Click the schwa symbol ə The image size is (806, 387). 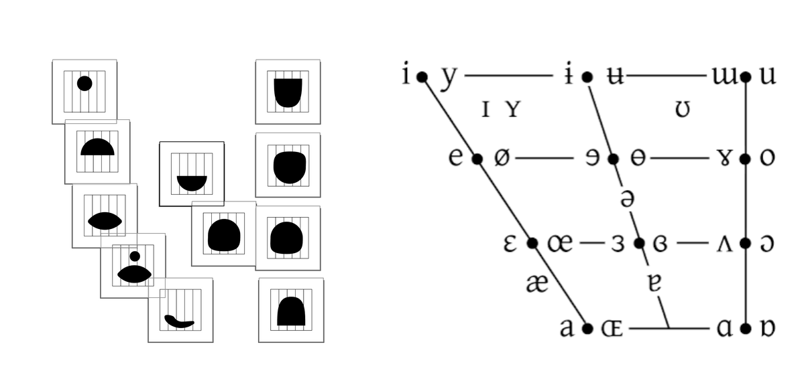pos(627,199)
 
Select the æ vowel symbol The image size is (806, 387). pos(537,283)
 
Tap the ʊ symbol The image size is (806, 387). pos(683,109)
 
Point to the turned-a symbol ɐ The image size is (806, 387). pos(655,283)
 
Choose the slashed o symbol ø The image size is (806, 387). pos(502,158)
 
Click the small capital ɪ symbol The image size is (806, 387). pos(485,109)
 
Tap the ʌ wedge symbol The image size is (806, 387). pos(724,244)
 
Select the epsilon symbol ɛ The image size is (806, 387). pos(510,244)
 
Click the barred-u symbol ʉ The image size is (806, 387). pos(616,76)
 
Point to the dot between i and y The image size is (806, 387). pos(422,76)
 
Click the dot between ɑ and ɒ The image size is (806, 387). pos(746,329)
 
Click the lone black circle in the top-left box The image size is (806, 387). pos(84,84)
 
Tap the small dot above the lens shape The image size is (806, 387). pos(135,256)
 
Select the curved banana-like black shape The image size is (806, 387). pos(179,321)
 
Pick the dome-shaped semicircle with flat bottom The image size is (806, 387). pos(97,147)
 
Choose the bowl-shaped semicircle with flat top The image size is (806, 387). pos(192,183)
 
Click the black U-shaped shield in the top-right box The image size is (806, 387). pos(288,92)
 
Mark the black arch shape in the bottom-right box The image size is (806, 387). pos(291,311)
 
